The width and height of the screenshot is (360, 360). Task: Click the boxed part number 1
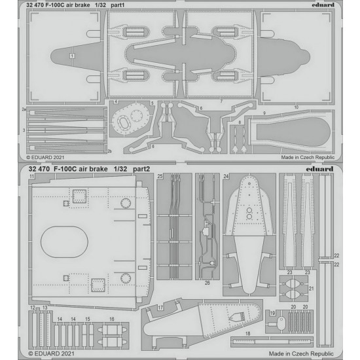click(72, 56)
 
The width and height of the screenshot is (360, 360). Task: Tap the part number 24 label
click(226, 176)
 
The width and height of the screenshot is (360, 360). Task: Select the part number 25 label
click(160, 176)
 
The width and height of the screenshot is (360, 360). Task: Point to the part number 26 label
click(207, 283)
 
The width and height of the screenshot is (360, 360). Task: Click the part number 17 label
click(160, 308)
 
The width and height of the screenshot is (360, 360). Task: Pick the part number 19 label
click(272, 313)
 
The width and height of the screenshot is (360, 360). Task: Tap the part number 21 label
click(311, 289)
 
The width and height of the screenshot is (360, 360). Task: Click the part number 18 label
click(247, 333)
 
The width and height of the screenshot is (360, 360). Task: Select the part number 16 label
click(111, 319)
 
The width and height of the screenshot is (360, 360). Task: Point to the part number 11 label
click(31, 176)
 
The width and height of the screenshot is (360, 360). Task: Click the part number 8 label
click(240, 122)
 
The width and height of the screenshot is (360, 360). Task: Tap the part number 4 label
click(116, 101)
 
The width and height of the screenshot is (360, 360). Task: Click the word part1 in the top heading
click(117, 5)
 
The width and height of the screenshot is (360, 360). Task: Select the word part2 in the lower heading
click(141, 169)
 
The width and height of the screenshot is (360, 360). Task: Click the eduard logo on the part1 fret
click(323, 5)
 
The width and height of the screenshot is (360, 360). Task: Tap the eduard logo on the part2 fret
click(319, 169)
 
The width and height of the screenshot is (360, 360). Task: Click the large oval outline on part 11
click(64, 226)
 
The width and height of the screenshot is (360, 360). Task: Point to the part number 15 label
click(88, 319)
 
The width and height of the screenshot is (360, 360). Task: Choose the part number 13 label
click(45, 307)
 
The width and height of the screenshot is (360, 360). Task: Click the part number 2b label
click(110, 151)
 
